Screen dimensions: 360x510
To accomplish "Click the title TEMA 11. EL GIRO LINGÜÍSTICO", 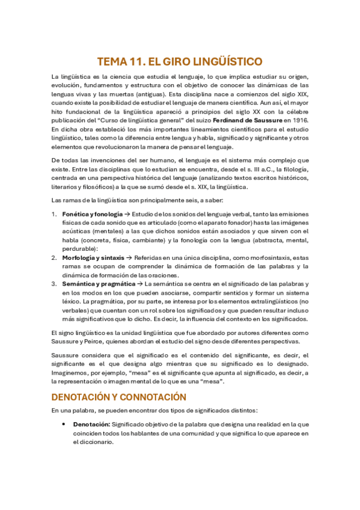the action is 180,61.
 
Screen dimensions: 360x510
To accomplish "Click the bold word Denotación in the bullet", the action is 82,425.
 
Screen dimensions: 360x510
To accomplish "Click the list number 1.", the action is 53,214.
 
